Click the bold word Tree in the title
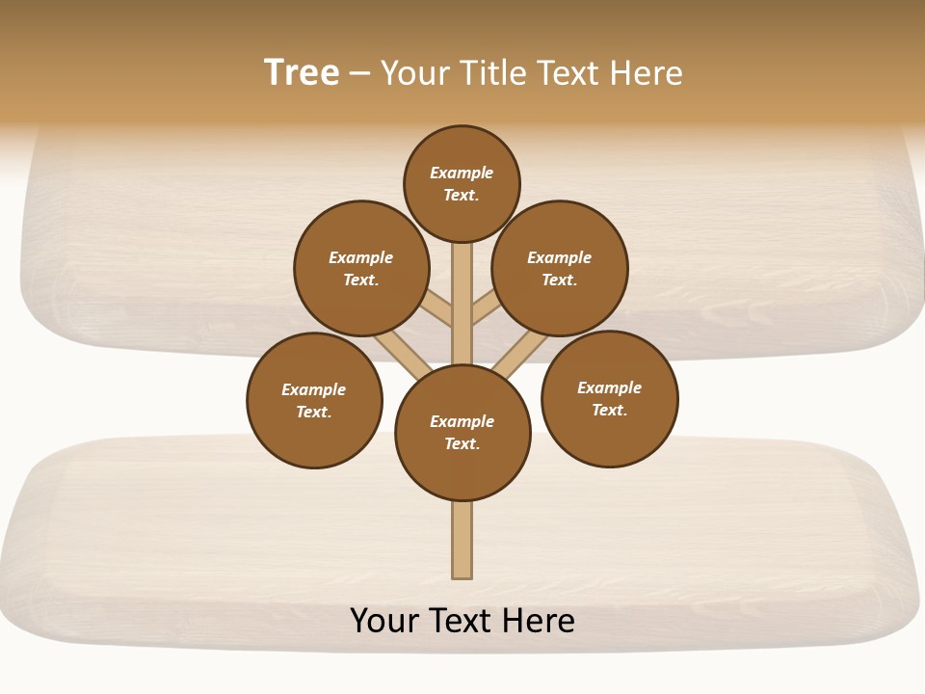pyautogui.click(x=302, y=73)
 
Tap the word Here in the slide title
pyautogui.click(x=647, y=73)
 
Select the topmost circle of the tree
pyautogui.click(x=462, y=183)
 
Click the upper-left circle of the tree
pyautogui.click(x=361, y=268)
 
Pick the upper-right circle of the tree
pyautogui.click(x=560, y=268)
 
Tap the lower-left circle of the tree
pyautogui.click(x=314, y=400)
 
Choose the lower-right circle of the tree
pyautogui.click(x=610, y=398)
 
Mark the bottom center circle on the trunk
pyautogui.click(x=462, y=433)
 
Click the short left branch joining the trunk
pyautogui.click(x=436, y=309)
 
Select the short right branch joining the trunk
pyautogui.click(x=487, y=308)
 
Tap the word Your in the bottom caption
pyautogui.click(x=384, y=621)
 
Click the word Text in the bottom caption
pyautogui.click(x=462, y=621)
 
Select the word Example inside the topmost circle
pyautogui.click(x=462, y=173)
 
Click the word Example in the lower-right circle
pyautogui.click(x=609, y=388)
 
